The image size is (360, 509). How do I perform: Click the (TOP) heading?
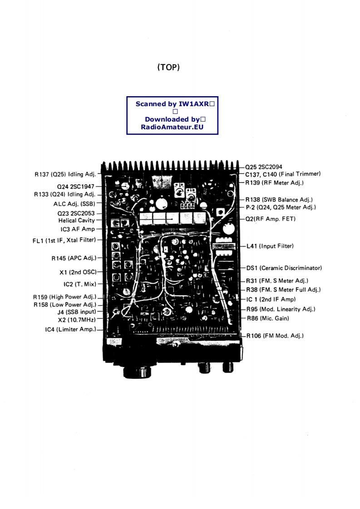point(168,68)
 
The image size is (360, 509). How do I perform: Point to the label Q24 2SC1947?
point(76,186)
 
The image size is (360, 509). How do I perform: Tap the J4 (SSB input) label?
point(76,313)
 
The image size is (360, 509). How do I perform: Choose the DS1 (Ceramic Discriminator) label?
point(284,268)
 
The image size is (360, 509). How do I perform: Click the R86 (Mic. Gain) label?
point(268,318)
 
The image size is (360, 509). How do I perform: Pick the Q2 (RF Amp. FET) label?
point(271,219)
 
